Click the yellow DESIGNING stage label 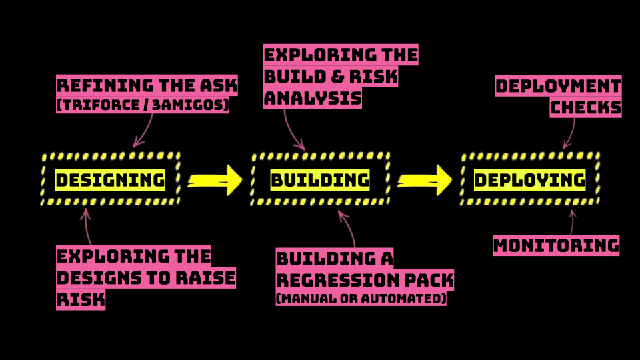[110, 180]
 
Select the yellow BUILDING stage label [320, 180]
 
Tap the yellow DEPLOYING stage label [530, 180]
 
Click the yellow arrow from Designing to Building [215, 180]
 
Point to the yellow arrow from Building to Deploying [425, 180]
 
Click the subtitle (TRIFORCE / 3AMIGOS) [143, 105]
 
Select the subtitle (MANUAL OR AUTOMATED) [361, 299]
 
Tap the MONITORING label [556, 245]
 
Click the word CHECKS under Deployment [586, 107]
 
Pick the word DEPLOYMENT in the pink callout [559, 86]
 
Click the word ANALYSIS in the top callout [313, 99]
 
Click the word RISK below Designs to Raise [81, 299]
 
